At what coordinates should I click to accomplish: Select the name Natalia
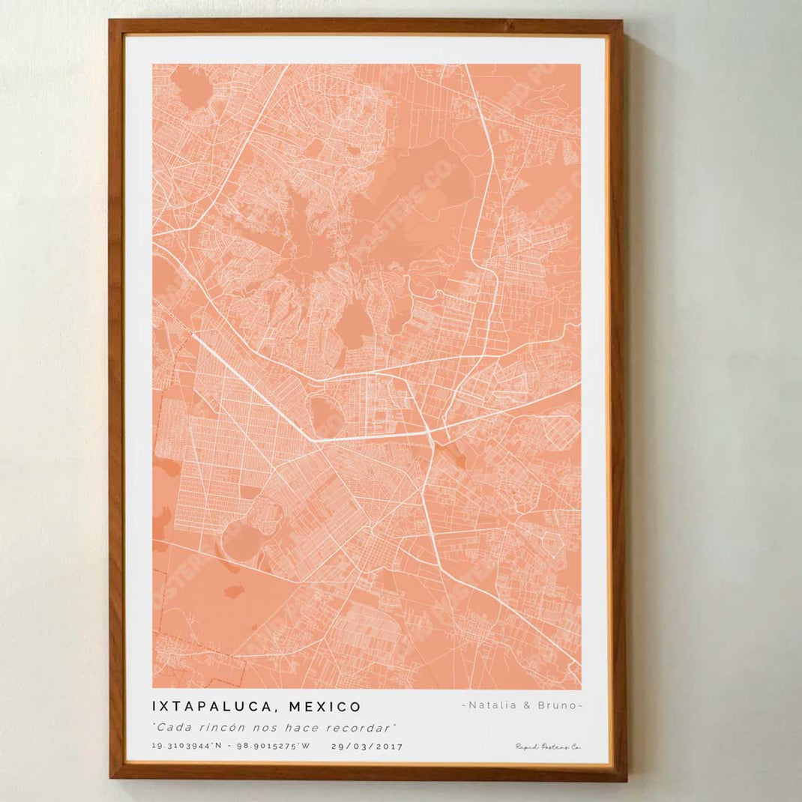pyautogui.click(x=491, y=705)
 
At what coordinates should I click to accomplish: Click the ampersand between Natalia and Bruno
pyautogui.click(x=525, y=705)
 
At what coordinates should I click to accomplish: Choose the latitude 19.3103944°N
pyautogui.click(x=187, y=747)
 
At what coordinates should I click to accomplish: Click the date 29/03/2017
pyautogui.click(x=367, y=747)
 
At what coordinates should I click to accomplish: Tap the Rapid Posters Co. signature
pyautogui.click(x=548, y=747)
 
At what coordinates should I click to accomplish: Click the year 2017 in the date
pyautogui.click(x=388, y=747)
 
